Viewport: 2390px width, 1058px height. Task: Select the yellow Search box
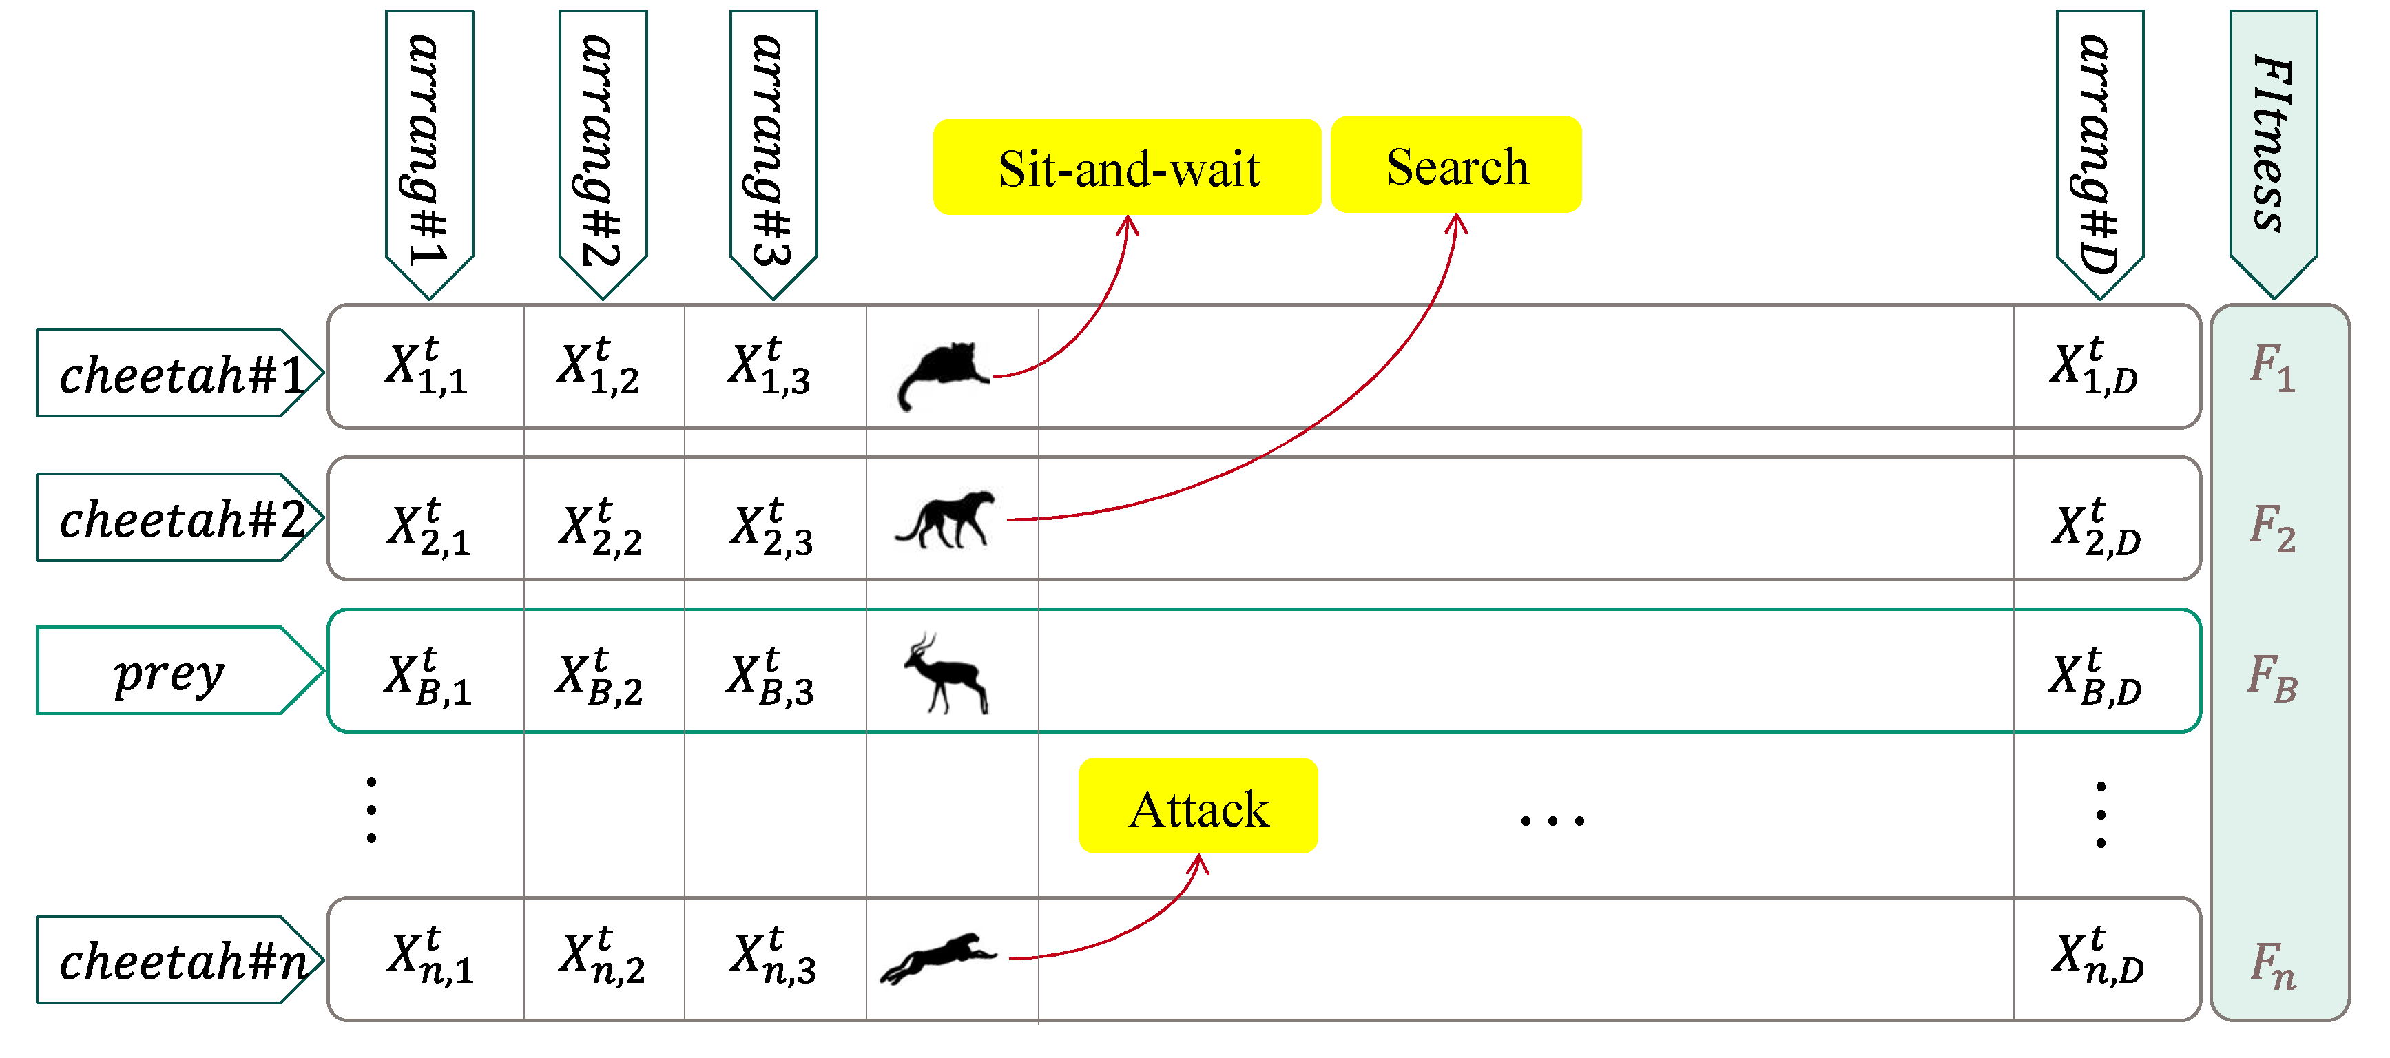tap(1456, 166)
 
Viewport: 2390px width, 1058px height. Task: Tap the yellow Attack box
tap(1198, 807)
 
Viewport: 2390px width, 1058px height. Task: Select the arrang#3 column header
tap(772, 149)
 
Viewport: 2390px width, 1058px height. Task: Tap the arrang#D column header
tap(2099, 149)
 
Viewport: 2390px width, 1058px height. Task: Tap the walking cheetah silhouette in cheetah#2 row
tap(944, 520)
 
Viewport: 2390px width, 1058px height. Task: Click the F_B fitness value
tap(2272, 678)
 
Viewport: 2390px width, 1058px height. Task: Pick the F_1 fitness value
tap(2272, 366)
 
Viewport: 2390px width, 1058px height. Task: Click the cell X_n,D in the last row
tap(2097, 957)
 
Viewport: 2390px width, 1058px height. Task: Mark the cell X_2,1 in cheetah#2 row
tap(428, 527)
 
